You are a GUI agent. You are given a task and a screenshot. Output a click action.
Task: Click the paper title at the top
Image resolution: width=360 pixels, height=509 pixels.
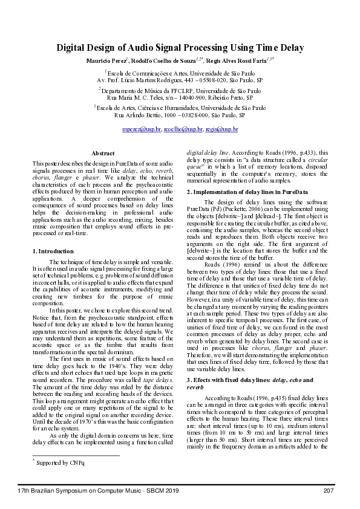pos(180,48)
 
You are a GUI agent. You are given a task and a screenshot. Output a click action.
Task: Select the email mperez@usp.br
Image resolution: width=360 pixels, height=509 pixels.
pos(141,129)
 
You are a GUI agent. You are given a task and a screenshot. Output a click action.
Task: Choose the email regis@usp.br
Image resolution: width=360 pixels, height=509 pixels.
pos(221,129)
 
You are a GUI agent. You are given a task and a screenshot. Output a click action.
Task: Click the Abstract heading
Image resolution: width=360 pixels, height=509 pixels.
pos(102,154)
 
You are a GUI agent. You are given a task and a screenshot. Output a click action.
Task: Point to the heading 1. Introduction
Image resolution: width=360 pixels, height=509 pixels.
pos(53,250)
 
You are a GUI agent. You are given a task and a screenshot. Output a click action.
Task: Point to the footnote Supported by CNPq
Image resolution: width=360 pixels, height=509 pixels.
pos(61,463)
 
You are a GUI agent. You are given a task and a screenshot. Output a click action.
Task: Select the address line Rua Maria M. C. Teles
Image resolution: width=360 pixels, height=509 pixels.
pos(180,97)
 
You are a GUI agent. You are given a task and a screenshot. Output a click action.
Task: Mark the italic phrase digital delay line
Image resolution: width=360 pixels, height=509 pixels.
pos(207,152)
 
